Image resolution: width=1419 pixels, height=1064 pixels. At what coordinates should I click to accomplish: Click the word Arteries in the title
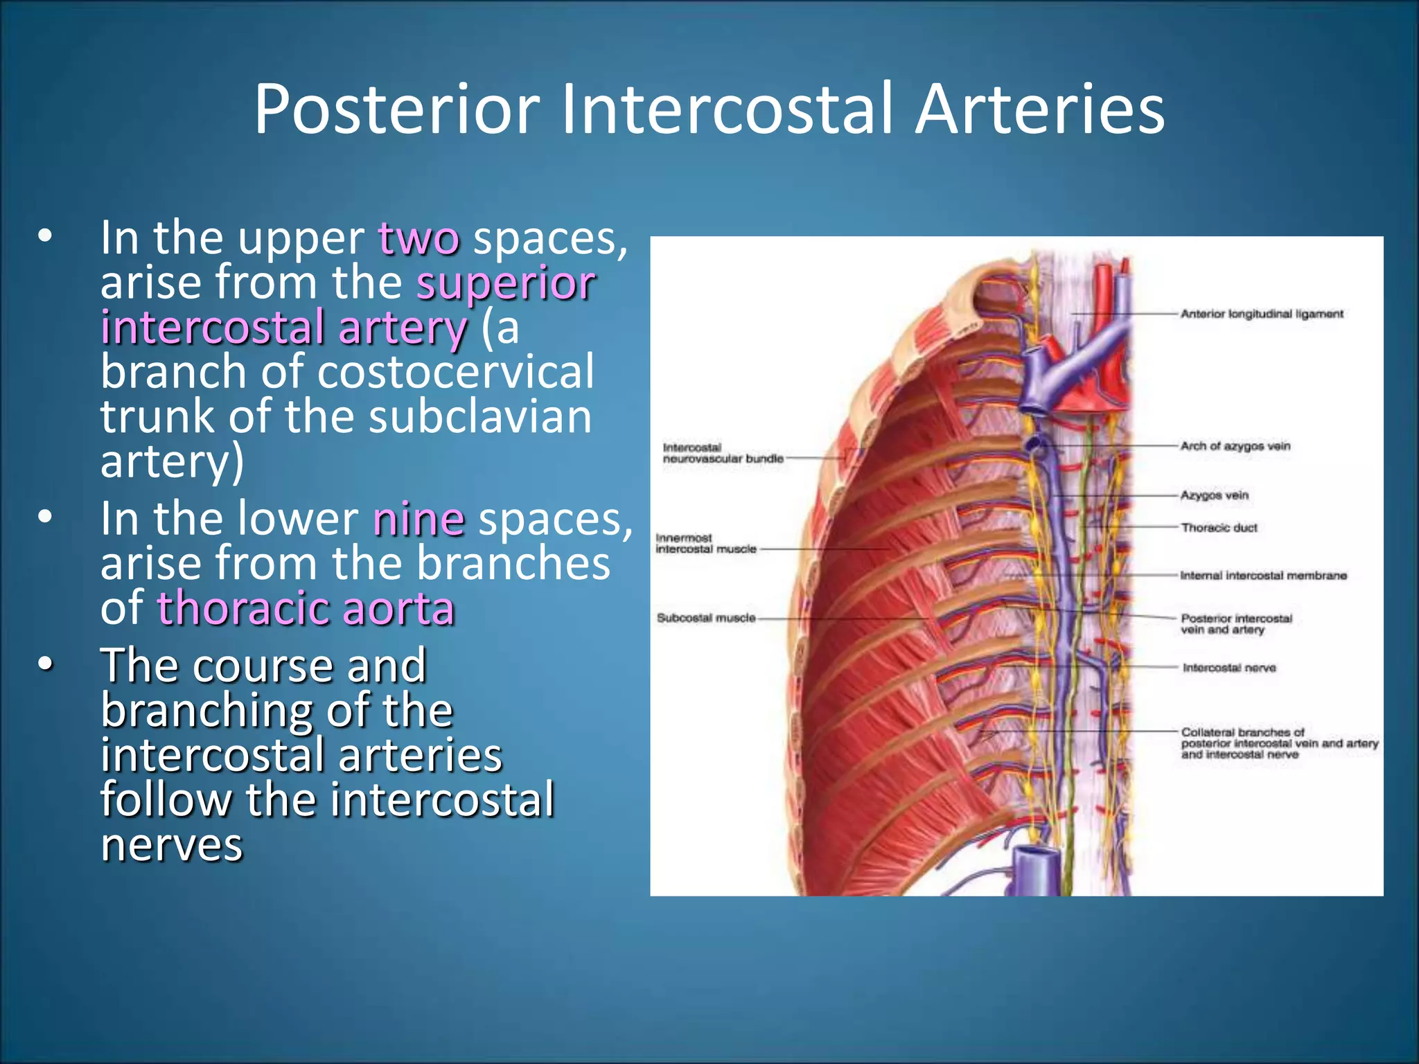1039,109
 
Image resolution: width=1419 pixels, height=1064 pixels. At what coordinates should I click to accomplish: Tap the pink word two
418,238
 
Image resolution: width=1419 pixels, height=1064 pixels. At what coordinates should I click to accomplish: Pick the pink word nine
418,519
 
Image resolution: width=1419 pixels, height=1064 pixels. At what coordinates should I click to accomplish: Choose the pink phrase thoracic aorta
306,608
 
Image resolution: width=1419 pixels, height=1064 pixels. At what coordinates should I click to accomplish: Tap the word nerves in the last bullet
172,844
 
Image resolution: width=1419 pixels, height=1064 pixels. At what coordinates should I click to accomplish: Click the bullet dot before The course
45,665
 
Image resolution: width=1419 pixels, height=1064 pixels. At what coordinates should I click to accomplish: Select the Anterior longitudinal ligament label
1262,314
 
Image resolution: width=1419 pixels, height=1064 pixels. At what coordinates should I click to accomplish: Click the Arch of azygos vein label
1235,446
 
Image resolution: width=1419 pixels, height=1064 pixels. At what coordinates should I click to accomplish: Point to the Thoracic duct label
1219,528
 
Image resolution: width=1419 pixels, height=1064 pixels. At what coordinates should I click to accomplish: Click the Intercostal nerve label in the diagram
1229,668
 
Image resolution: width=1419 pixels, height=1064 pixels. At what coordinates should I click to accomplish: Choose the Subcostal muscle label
706,618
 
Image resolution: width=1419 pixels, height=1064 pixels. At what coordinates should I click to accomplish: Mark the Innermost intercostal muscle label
706,544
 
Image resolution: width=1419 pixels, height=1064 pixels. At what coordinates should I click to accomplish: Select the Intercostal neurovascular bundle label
723,453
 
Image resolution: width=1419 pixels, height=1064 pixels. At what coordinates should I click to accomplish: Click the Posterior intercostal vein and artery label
1236,624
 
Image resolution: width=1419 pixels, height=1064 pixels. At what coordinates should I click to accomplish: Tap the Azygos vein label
1215,495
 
